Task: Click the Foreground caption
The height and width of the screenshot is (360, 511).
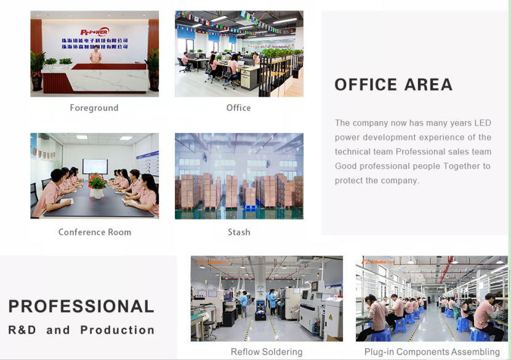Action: pyautogui.click(x=94, y=108)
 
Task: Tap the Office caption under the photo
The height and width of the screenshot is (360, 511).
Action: pyautogui.click(x=238, y=108)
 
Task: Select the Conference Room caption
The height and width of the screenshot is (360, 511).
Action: pyautogui.click(x=94, y=233)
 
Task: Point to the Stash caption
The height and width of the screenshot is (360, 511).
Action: pyautogui.click(x=239, y=233)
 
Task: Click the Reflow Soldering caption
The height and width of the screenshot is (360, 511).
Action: pyautogui.click(x=267, y=352)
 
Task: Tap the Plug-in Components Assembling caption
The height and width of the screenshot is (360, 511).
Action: pyautogui.click(x=432, y=352)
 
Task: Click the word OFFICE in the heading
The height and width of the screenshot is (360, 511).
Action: pyautogui.click(x=365, y=85)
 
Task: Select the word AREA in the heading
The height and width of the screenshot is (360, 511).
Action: pyautogui.click(x=429, y=85)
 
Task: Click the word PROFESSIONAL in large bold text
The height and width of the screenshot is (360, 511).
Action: pyautogui.click(x=81, y=306)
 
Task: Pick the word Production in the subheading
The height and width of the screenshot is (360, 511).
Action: pyautogui.click(x=118, y=330)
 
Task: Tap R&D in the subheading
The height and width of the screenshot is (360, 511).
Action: pyautogui.click(x=22, y=330)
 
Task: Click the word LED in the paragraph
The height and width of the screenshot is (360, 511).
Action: pyautogui.click(x=483, y=123)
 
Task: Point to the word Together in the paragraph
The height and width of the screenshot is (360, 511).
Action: pyautogui.click(x=463, y=166)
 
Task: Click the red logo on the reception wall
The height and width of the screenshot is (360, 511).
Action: pyautogui.click(x=94, y=31)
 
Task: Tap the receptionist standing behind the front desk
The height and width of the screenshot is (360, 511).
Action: pyautogui.click(x=94, y=55)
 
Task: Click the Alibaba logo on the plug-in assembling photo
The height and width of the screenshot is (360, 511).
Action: pyautogui.click(x=377, y=262)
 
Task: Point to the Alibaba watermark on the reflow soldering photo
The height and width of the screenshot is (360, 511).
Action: pyautogui.click(x=212, y=262)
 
